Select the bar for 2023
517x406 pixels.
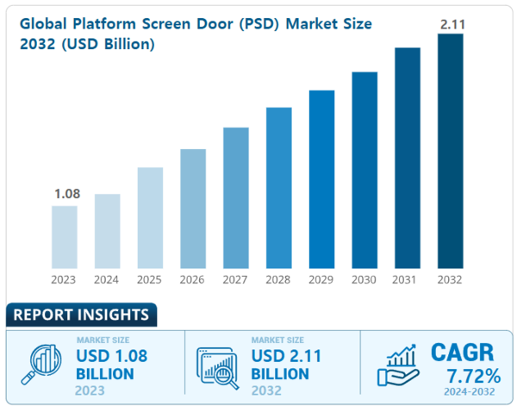pyautogui.click(x=64, y=236)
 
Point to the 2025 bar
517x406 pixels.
pyautogui.click(x=150, y=217)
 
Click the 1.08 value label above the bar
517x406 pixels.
pyautogui.click(x=66, y=194)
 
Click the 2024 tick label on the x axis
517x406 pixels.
pyautogui.click(x=107, y=280)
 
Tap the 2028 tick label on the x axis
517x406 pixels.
pyautogui.click(x=278, y=280)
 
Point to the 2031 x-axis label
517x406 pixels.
pyautogui.click(x=408, y=280)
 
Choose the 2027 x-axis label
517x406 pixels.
pyautogui.click(x=235, y=280)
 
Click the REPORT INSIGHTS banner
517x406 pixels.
pyautogui.click(x=80, y=315)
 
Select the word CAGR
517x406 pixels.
pyautogui.click(x=463, y=352)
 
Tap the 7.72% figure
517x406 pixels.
pyautogui.click(x=473, y=376)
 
